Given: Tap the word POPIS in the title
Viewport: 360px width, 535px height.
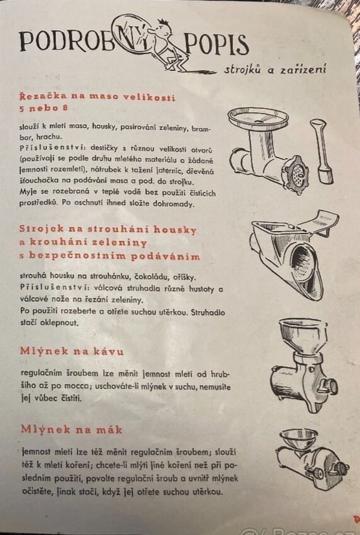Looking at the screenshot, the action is (x=216, y=45).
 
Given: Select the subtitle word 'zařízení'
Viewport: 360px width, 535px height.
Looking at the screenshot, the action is (x=303, y=69).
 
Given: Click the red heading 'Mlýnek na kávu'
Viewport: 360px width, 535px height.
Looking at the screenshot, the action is (x=71, y=351).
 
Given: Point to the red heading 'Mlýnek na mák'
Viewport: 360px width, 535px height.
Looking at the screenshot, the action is (x=71, y=429).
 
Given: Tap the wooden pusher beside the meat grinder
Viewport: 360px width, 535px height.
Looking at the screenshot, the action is (x=322, y=152).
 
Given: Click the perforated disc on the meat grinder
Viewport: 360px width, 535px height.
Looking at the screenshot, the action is (x=296, y=174).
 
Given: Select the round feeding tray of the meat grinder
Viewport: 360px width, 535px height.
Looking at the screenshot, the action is (x=258, y=119).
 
